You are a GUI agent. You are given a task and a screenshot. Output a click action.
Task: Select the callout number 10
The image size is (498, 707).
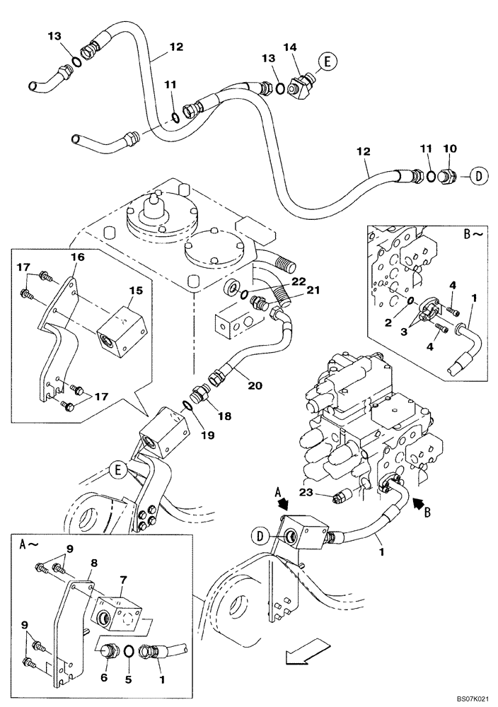pyautogui.click(x=450, y=149)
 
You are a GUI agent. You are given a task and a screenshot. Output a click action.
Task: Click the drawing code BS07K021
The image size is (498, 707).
pyautogui.click(x=467, y=698)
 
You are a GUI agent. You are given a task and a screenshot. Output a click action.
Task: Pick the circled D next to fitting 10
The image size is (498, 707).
pyautogui.click(x=479, y=176)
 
